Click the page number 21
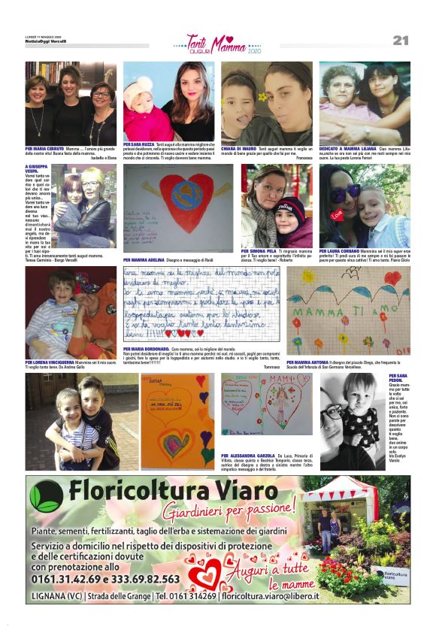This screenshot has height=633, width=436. coord(400,40)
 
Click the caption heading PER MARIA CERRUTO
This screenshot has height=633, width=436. coord(45,149)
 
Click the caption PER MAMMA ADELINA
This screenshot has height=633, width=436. coord(144,259)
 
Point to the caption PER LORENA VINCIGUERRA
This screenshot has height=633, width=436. coord(50,362)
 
